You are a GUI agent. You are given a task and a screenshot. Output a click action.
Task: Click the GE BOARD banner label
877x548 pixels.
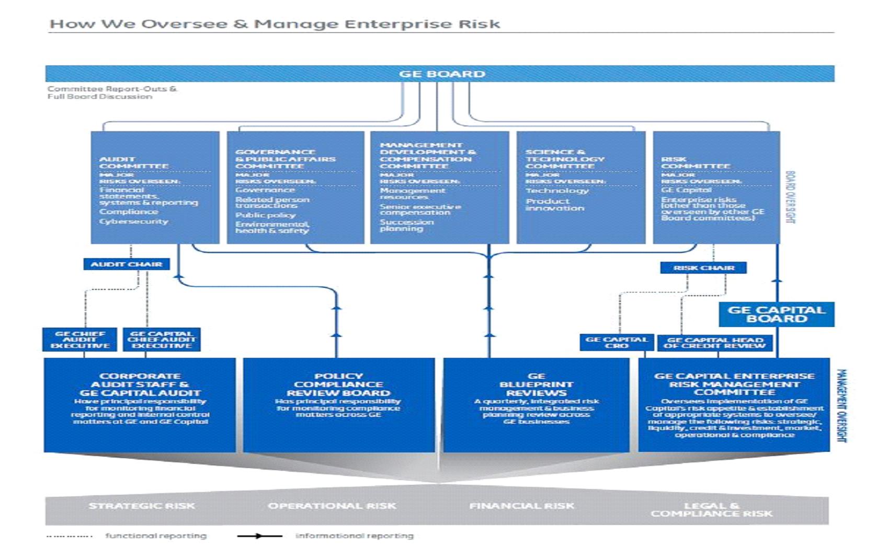pyautogui.click(x=442, y=74)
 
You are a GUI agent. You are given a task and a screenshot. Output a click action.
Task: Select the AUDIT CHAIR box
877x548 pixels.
pyautogui.click(x=127, y=264)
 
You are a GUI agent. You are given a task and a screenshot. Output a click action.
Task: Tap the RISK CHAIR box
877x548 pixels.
pyautogui.click(x=703, y=268)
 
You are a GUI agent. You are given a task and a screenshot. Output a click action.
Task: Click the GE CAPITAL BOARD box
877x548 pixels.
pyautogui.click(x=777, y=314)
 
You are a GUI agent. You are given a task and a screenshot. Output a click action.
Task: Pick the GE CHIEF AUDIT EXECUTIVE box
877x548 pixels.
pyautogui.click(x=80, y=340)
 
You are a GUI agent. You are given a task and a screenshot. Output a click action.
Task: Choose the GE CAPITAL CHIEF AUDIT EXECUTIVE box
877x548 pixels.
pyautogui.click(x=162, y=340)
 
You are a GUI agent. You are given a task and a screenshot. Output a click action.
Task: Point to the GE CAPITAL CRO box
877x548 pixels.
pyautogui.click(x=617, y=343)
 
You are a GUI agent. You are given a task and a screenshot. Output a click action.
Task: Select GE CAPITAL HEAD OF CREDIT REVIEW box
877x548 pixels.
pyautogui.click(x=715, y=343)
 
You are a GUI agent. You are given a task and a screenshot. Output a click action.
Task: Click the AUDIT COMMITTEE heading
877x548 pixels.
pyautogui.click(x=134, y=162)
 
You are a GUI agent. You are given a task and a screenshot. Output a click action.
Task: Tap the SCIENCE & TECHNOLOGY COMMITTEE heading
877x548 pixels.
pyautogui.click(x=565, y=159)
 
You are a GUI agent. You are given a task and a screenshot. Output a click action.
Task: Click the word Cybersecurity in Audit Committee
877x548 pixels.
pyautogui.click(x=134, y=221)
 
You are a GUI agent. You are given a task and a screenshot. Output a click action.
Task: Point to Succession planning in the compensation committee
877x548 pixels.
pyautogui.click(x=406, y=225)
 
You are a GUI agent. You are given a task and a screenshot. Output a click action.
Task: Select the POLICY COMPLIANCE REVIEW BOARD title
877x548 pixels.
pyautogui.click(x=338, y=384)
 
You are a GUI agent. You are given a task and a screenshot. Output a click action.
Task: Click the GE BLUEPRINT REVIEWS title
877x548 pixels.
pyautogui.click(x=536, y=384)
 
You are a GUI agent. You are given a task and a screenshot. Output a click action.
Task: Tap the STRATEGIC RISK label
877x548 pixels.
pyautogui.click(x=142, y=506)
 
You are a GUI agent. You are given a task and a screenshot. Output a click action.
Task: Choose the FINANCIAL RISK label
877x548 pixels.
pyautogui.click(x=521, y=506)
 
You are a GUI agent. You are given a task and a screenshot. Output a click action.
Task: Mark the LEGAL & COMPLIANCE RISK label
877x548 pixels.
pyautogui.click(x=711, y=509)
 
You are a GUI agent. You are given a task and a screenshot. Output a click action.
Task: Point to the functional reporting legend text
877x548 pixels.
pyautogui.click(x=156, y=536)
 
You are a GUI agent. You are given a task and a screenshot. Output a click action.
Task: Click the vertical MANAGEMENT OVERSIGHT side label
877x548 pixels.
pyautogui.click(x=841, y=406)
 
